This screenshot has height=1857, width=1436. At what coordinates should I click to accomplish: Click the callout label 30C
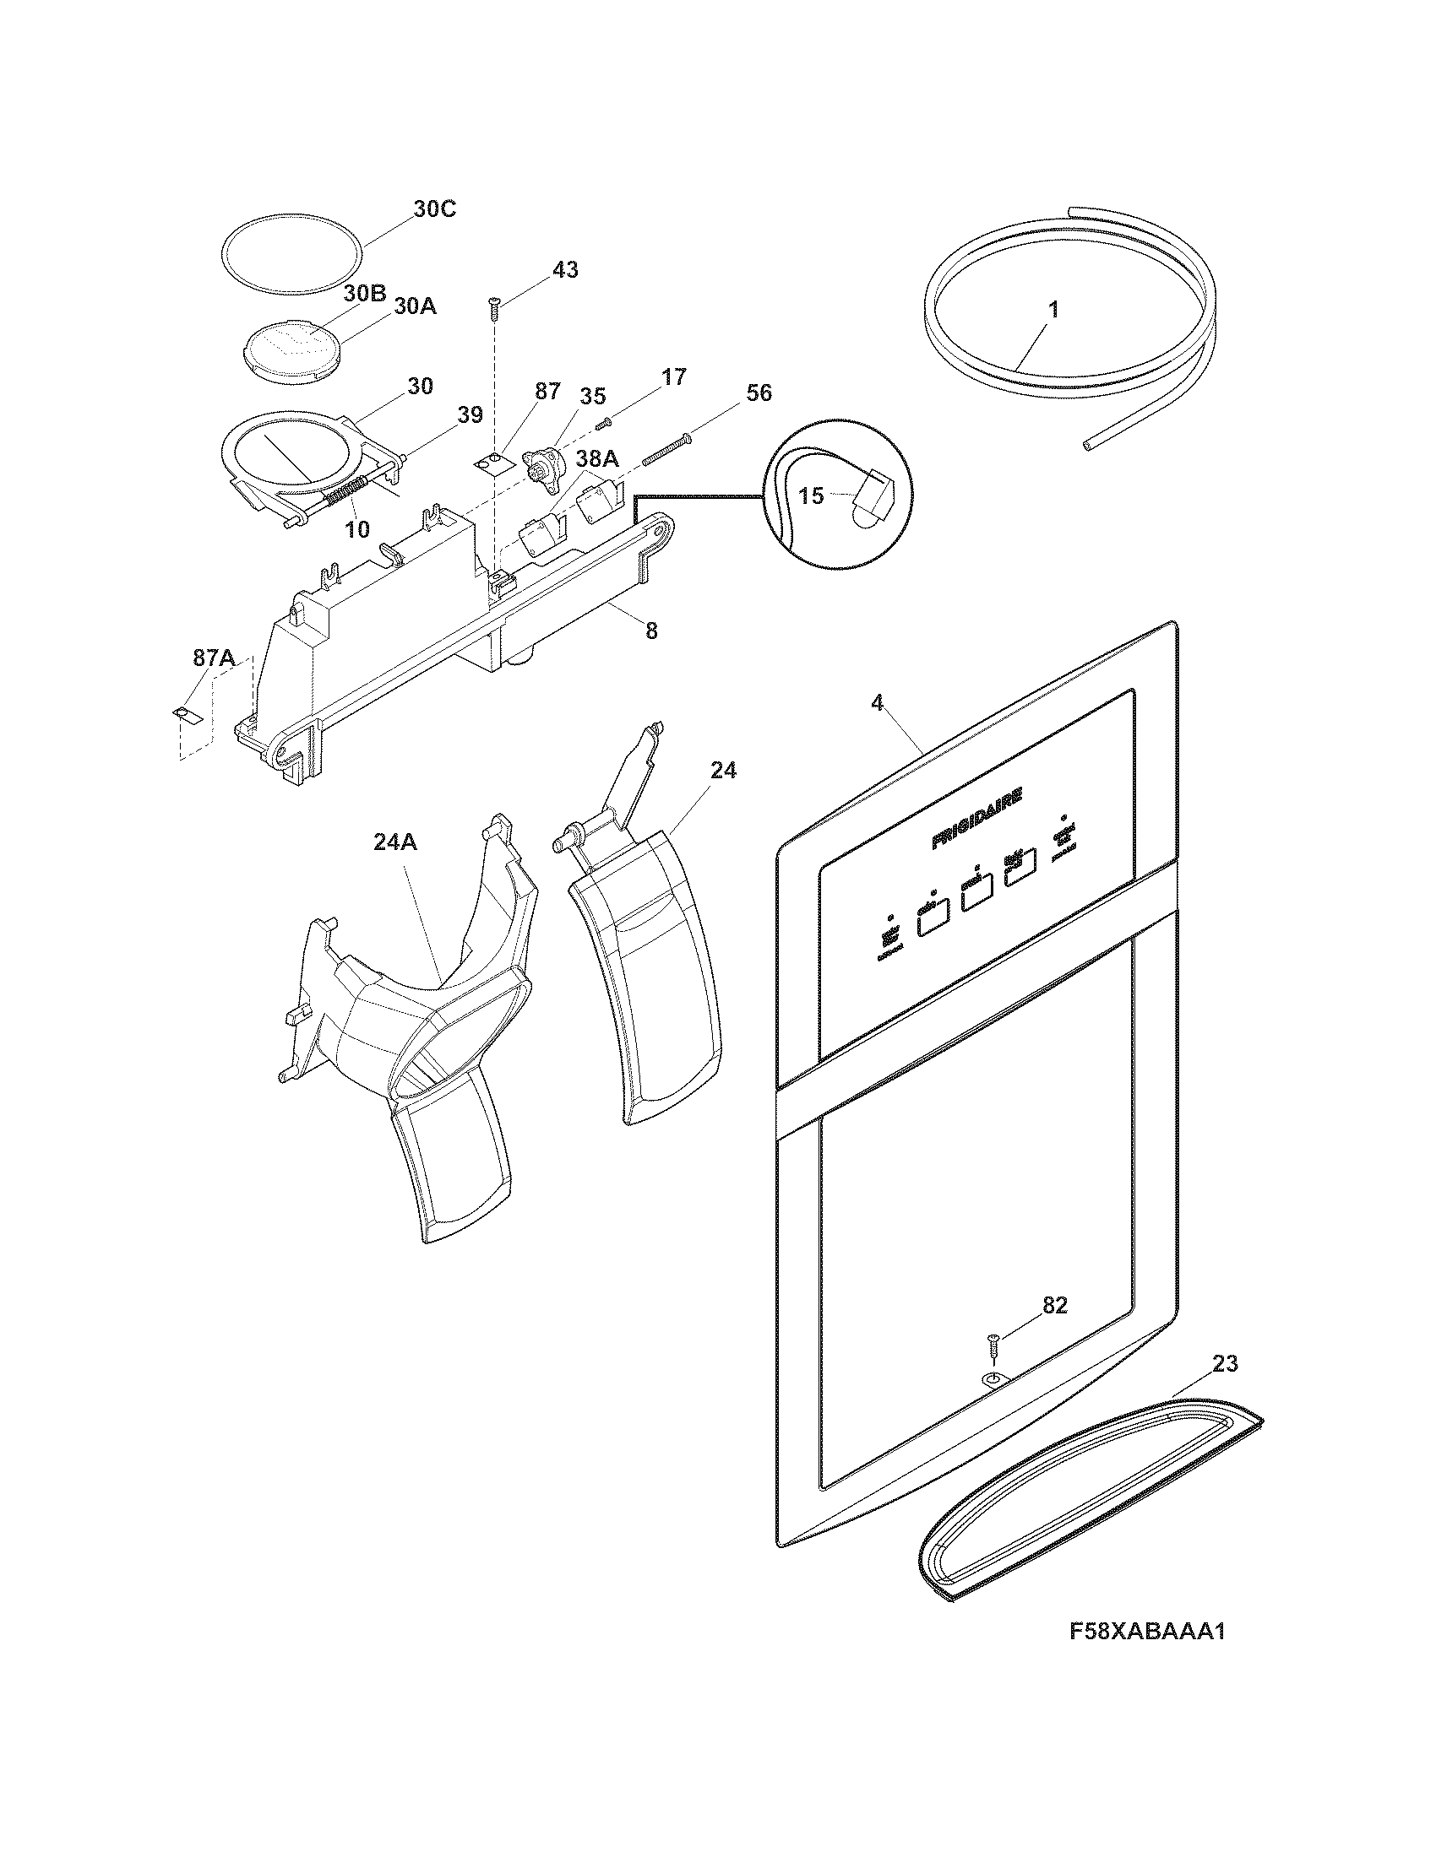coord(434,208)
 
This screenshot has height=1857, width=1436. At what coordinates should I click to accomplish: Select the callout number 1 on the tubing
coord(1053,311)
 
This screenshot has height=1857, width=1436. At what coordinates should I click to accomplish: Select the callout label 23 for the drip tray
coord(1225,1363)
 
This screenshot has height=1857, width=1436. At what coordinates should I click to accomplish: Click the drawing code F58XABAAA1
coord(1147,1655)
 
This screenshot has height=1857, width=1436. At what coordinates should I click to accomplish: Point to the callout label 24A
coord(394,842)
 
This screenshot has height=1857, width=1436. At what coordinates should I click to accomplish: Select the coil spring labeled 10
coord(345,491)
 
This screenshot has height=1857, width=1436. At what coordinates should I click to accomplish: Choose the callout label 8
coord(650,631)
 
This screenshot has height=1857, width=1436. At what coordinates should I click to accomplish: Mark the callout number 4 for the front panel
coord(877,702)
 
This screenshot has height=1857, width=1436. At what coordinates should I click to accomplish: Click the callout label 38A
coord(596,459)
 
